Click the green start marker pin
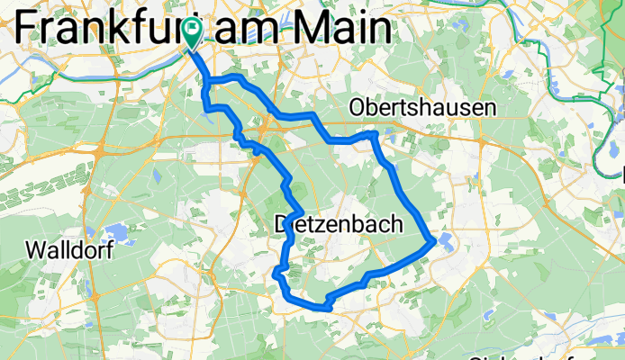tap(192, 34)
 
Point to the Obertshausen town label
tap(423, 108)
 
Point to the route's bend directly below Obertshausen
tap(375, 134)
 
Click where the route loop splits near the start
tap(209, 83)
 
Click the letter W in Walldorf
tap(39, 250)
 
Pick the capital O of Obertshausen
tap(357, 108)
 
